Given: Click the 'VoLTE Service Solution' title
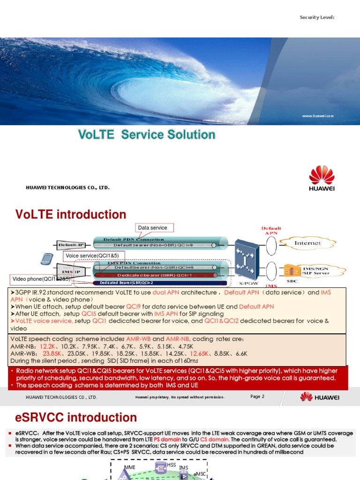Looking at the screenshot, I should pos(146,135).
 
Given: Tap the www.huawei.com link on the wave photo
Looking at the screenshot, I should pos(317,115).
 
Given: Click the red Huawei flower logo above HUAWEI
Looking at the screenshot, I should pos(322,175).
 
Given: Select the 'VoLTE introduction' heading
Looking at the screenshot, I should pos(71,215).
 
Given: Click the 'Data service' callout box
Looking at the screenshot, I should pos(152,228).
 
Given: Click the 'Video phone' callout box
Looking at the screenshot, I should pos(41,279).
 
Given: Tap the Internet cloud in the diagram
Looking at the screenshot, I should pos(307,243).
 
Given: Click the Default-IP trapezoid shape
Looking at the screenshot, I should pos(70,245).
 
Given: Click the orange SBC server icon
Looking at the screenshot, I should pos(291,271).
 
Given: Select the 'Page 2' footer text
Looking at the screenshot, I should pos(257,397).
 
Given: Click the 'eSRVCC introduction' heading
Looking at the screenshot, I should pos(76,417).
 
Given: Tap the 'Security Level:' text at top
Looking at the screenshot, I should pos(317,17).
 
